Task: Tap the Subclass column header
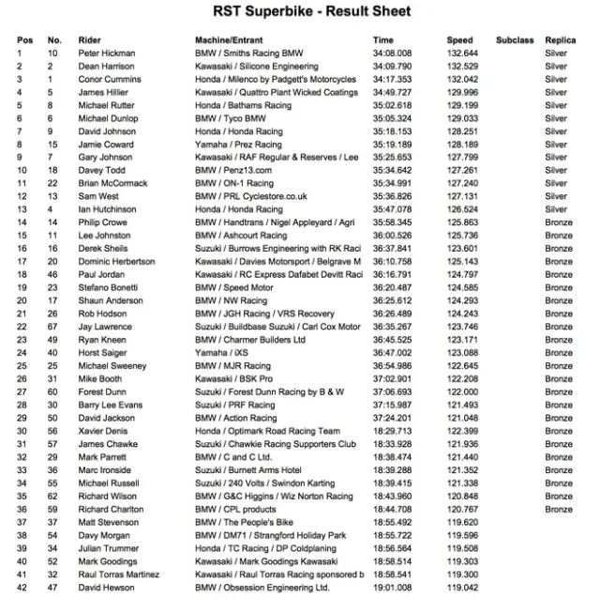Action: coord(515,40)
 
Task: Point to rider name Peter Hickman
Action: coord(107,54)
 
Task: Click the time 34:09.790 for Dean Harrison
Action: coord(392,67)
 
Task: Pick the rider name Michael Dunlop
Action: coord(107,118)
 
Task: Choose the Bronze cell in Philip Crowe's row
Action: coord(558,222)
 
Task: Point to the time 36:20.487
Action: coord(392,287)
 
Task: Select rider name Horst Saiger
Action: coord(101,352)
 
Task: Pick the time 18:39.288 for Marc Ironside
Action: coord(392,469)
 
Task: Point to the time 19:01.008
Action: coord(392,587)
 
